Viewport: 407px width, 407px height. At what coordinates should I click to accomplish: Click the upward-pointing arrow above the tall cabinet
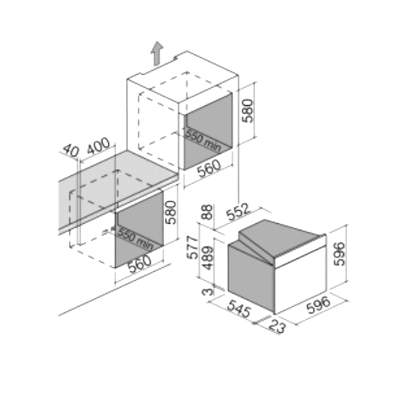(x=157, y=54)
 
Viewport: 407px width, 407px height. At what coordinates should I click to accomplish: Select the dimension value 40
(x=71, y=151)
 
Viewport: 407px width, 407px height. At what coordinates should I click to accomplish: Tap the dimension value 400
(x=98, y=146)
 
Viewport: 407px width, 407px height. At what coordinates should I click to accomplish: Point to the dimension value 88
(x=208, y=212)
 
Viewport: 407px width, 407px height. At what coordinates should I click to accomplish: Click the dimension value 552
(x=238, y=212)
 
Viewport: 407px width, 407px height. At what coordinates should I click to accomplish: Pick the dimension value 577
(x=194, y=247)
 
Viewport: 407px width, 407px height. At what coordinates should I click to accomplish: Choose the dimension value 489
(x=208, y=258)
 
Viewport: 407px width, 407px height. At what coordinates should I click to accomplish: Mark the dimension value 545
(x=239, y=309)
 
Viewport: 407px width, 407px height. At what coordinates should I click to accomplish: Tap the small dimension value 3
(x=208, y=291)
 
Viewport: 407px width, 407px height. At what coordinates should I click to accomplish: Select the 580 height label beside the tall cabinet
(x=247, y=111)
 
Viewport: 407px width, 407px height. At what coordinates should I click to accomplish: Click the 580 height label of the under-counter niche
(x=171, y=212)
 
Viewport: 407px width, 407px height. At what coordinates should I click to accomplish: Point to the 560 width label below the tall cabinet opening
(x=209, y=168)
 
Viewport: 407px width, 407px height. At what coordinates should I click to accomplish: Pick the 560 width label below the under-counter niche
(x=140, y=264)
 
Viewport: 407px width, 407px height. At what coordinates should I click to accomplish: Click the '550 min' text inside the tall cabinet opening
(x=203, y=140)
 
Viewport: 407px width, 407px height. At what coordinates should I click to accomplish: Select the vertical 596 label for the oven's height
(x=339, y=254)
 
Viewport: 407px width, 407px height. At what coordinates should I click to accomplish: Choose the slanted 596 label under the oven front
(x=318, y=305)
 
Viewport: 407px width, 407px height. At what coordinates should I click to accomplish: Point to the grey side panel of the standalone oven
(x=251, y=277)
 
